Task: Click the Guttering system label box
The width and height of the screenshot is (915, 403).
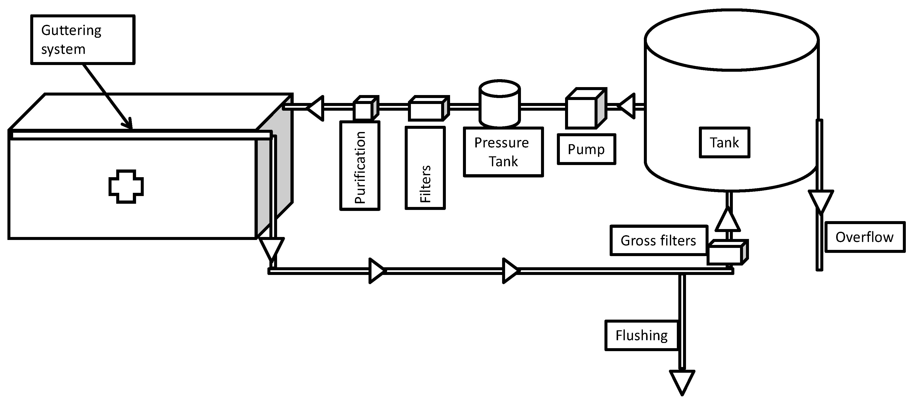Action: (83, 39)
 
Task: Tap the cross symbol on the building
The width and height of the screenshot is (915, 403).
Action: (126, 186)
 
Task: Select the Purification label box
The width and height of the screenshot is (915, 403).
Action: (360, 166)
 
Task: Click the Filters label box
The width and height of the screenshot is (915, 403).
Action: (425, 168)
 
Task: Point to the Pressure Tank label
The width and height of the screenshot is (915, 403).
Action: (503, 152)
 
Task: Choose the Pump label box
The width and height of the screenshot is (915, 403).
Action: (586, 149)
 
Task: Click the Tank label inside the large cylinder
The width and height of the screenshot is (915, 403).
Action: (724, 142)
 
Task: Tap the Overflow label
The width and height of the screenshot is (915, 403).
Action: (864, 237)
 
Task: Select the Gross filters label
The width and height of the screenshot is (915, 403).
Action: (658, 240)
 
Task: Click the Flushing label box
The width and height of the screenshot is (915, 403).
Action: (641, 336)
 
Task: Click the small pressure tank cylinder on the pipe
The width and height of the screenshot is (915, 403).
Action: (499, 104)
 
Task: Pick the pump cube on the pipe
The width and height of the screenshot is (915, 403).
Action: (585, 108)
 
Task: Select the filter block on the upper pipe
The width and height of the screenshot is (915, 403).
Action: (428, 108)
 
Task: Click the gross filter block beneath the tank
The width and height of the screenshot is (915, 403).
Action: (727, 253)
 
